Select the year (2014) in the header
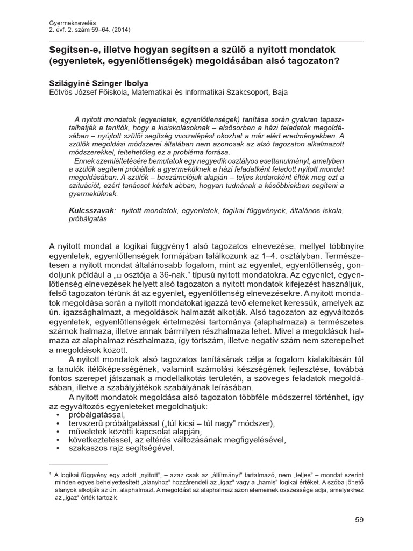coord(118,30)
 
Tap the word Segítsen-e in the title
coord(74,48)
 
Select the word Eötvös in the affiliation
coord(61,92)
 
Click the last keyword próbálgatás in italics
coord(88,218)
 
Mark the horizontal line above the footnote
coord(78,463)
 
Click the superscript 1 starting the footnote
coord(50,474)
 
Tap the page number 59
coord(360,520)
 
